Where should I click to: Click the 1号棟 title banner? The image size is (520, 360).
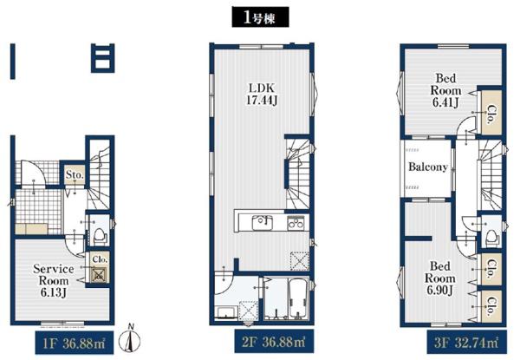pos(260,17)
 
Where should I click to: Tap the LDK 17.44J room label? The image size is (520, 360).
pos(262,94)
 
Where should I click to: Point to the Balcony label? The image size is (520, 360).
pos(428,167)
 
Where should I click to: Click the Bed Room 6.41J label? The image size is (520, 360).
pos(445,90)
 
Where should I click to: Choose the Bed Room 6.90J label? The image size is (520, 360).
pos(440,278)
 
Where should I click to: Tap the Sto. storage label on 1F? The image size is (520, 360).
pos(75,174)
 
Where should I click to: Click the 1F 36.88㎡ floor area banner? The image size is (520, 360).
pos(75,343)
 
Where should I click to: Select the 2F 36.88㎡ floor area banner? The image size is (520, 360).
pos(274,341)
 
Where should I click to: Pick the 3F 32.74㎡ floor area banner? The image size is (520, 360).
pos(467,342)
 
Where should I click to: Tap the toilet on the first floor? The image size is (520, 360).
pos(99,235)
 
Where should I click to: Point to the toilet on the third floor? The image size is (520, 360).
pos(493,237)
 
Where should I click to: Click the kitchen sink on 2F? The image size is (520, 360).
pos(263,223)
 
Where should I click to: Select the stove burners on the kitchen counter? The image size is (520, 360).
pos(296,223)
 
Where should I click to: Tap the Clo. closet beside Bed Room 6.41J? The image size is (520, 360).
pos(491,114)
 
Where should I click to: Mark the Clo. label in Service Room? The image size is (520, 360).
pos(100,259)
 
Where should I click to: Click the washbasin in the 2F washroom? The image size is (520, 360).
pos(226,312)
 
